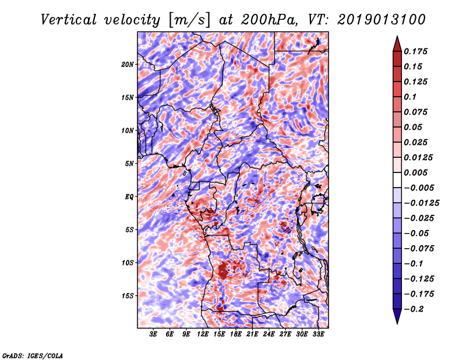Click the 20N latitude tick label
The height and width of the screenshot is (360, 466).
coord(128,65)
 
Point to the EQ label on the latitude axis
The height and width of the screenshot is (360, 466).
coord(129,197)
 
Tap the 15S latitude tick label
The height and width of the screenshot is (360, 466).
coord(128,296)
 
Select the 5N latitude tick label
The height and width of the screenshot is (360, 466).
coord(129,164)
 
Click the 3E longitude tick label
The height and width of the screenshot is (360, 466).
coord(153,334)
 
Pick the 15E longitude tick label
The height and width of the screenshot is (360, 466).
coord(219,334)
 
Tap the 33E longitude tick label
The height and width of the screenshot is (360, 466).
coord(318,334)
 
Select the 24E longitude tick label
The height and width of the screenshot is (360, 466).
coord(269,334)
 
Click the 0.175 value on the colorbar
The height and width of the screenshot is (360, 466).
coord(415,51)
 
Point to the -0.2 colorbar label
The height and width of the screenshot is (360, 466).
coord(414,309)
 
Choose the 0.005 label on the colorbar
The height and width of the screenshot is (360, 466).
coord(415,172)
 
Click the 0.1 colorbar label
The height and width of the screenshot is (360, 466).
coord(410,97)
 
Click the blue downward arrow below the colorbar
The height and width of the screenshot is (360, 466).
coord(397,316)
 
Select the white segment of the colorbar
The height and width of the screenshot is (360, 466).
coord(397,180)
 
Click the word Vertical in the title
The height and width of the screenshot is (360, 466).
coord(69,20)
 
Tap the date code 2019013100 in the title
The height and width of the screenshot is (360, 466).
coord(381,20)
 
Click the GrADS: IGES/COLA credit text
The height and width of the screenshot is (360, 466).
coord(33,355)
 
